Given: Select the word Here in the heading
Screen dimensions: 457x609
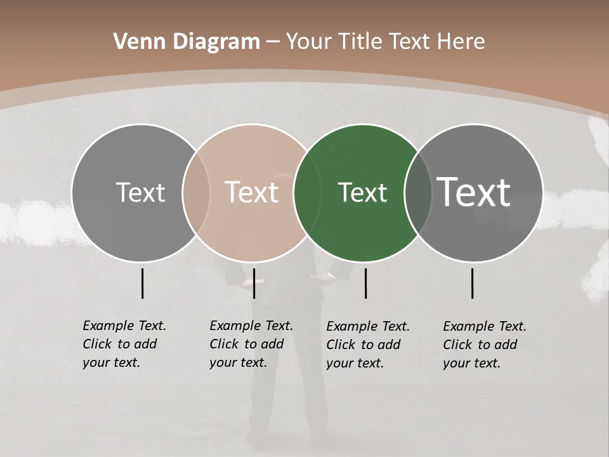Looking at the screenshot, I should (x=461, y=42).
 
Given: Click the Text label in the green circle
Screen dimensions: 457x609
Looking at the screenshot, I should (x=362, y=192).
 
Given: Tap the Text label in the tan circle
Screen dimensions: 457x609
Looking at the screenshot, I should (x=252, y=192).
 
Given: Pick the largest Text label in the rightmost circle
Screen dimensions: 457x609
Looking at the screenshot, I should (x=474, y=192).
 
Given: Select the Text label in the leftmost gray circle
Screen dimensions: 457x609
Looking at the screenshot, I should (x=140, y=192).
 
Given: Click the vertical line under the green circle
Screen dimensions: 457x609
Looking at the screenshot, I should (x=366, y=283).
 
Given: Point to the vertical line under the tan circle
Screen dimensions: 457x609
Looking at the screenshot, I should (x=254, y=283).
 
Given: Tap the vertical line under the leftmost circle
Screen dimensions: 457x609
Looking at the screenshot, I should (x=142, y=283).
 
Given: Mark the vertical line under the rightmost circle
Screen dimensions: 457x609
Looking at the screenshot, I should (x=473, y=283).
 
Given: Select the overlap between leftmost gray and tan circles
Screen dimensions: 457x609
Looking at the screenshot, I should (x=196, y=193).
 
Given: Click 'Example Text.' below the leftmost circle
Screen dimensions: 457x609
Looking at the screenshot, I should (x=124, y=326).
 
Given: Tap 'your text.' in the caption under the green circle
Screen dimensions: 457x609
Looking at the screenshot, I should (x=355, y=363).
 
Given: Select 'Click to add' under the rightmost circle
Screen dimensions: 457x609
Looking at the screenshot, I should (x=480, y=345).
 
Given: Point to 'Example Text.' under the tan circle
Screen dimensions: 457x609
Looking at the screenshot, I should (x=251, y=326).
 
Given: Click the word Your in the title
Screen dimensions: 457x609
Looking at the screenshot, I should (x=308, y=42).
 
